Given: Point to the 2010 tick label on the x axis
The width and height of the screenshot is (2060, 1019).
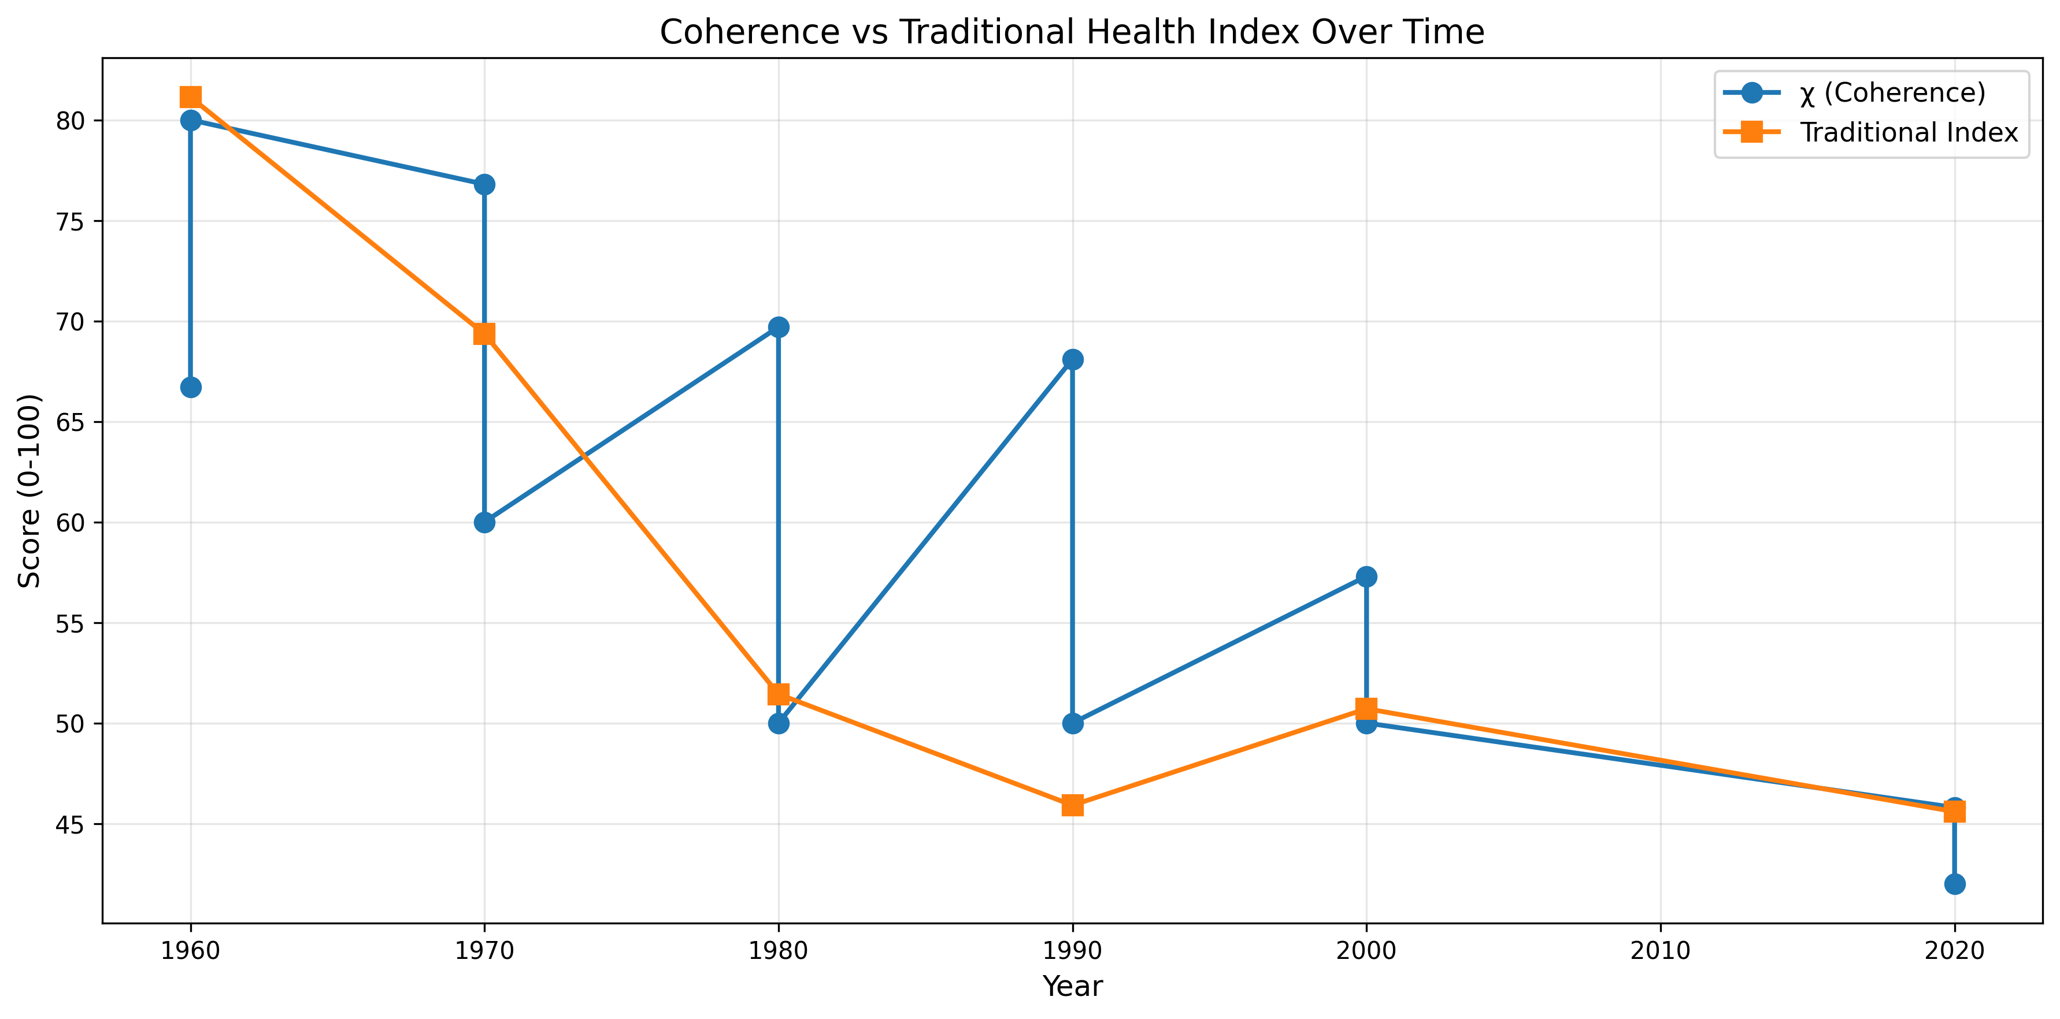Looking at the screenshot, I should pos(1660,950).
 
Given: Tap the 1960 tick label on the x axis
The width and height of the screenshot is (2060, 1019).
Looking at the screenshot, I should pos(190,950).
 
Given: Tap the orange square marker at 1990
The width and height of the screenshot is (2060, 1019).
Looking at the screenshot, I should pos(1072,805).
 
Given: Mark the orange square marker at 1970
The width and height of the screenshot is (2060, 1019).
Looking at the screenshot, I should pos(484,333).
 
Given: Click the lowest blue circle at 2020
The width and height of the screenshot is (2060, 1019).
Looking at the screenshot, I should pos(1954,884).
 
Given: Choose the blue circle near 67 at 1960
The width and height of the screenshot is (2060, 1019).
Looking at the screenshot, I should pos(190,388).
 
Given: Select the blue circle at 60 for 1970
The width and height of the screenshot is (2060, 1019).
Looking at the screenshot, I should pos(484,523).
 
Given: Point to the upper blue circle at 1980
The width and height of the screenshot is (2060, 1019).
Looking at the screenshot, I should pos(778,327).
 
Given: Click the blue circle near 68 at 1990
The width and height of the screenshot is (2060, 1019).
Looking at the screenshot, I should pos(1072,360).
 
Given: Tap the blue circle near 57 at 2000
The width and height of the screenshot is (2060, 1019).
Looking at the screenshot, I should pos(1366,577).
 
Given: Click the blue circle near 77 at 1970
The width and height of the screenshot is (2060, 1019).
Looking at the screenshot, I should pos(484,185).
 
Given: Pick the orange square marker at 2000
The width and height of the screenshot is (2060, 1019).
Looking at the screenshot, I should pos(1366,709).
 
